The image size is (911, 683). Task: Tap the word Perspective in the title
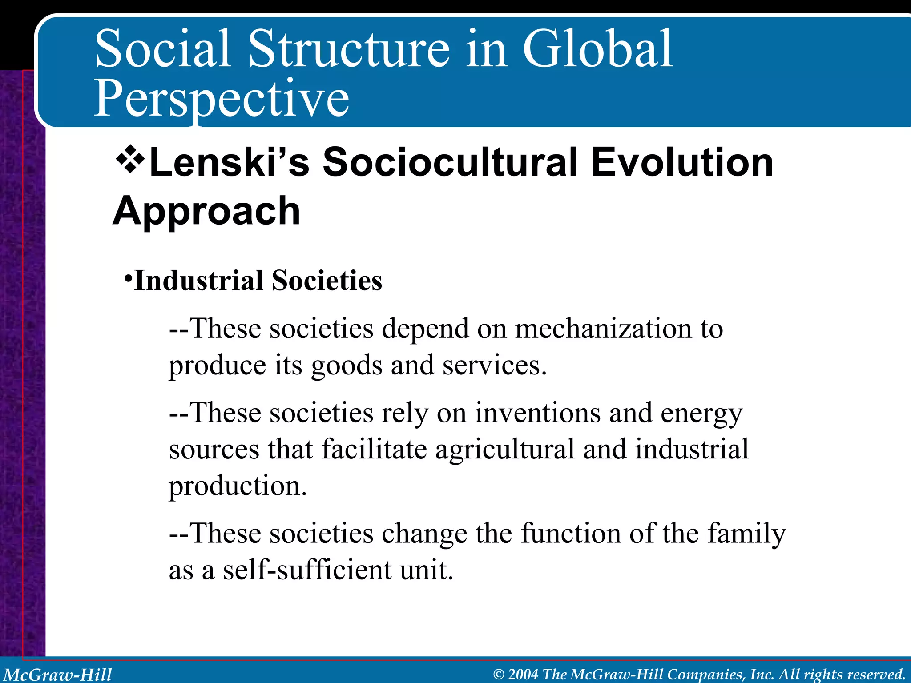(222, 99)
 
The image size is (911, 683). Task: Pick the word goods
(347, 366)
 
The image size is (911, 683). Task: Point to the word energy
(701, 414)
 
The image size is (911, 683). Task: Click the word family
(746, 534)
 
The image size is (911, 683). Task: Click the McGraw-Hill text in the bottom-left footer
(58, 675)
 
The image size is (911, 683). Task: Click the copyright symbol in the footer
(499, 675)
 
